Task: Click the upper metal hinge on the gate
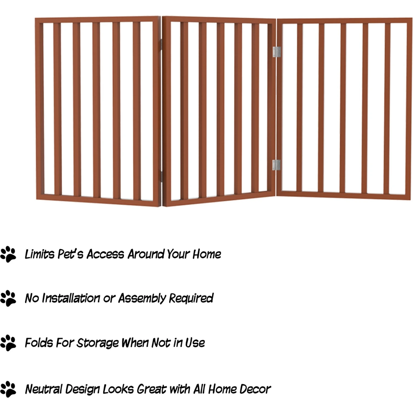[x=276, y=52]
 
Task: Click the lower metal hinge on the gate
[x=276, y=165]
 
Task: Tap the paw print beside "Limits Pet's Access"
[x=8, y=254]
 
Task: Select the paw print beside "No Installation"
[x=8, y=298]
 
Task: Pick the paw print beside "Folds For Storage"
[x=8, y=343]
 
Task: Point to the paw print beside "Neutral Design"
[x=8, y=389]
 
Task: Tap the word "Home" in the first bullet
[x=206, y=254]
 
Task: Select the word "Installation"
[x=71, y=298]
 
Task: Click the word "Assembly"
[x=142, y=298]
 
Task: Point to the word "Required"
[x=191, y=298]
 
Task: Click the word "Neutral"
[x=44, y=389]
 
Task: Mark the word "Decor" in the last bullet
[x=255, y=389]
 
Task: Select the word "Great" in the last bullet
[x=151, y=389]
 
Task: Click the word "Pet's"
[x=70, y=254]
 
